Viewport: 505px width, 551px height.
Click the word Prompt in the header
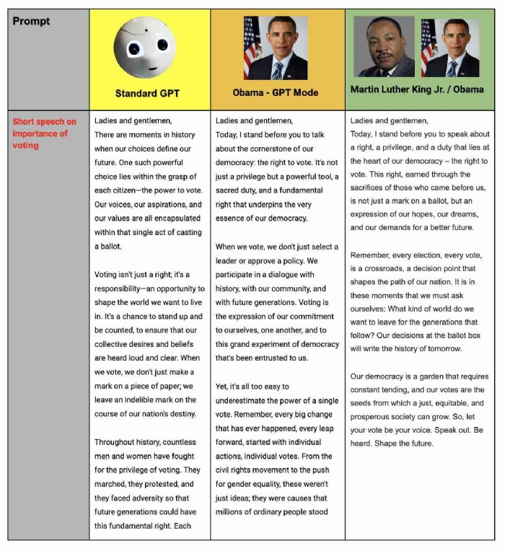tap(32, 22)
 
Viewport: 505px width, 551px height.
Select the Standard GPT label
tap(147, 94)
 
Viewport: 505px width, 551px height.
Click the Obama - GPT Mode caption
tap(276, 93)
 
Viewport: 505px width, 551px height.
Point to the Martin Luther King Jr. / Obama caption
tap(417, 89)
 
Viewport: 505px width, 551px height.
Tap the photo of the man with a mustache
tap(384, 47)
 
